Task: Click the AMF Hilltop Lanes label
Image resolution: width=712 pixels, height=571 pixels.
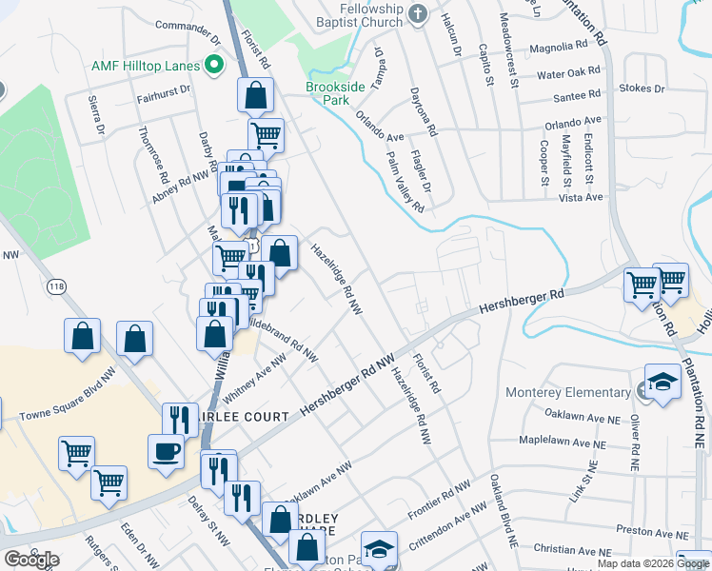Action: pyautogui.click(x=146, y=66)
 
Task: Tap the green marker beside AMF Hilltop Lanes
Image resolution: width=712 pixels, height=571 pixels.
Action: pyautogui.click(x=214, y=66)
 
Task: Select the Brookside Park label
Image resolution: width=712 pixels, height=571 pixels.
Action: pyautogui.click(x=336, y=93)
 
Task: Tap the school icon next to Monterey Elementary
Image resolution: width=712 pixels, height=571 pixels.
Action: pyautogui.click(x=662, y=383)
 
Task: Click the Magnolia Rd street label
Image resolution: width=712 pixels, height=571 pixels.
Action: pyautogui.click(x=558, y=46)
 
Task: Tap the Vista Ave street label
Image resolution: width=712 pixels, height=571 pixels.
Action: pyautogui.click(x=583, y=197)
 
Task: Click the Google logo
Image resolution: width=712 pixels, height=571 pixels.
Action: pyautogui.click(x=31, y=560)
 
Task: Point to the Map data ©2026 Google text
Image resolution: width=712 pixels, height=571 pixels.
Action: pyautogui.click(x=652, y=563)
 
